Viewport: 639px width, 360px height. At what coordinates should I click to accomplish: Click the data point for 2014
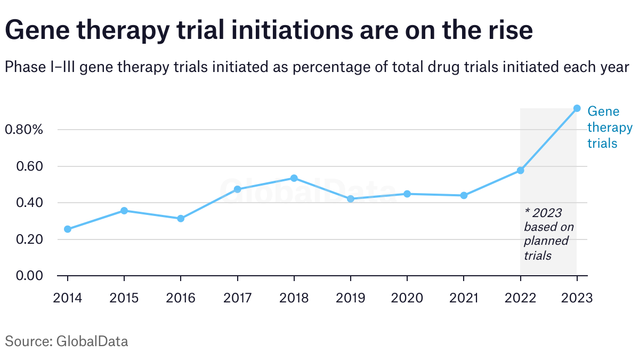[68, 229]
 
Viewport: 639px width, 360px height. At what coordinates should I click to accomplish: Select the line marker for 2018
[294, 178]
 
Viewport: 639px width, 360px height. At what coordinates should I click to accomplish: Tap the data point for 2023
[577, 108]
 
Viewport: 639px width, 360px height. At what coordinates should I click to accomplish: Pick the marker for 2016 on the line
[181, 219]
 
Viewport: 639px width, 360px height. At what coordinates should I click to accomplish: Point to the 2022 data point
[520, 171]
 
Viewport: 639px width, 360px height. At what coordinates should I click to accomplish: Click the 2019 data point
[350, 199]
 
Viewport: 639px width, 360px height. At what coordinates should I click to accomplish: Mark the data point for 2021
[464, 195]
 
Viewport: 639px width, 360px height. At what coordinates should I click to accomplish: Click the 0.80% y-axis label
[23, 130]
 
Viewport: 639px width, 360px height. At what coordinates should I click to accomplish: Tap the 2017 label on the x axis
[237, 298]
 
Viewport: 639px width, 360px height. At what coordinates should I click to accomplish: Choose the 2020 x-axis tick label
[407, 298]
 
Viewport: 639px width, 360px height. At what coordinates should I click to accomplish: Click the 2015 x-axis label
[124, 298]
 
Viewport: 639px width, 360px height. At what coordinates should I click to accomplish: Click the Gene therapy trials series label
[609, 127]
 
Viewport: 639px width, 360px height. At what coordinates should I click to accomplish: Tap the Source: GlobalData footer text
[67, 341]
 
